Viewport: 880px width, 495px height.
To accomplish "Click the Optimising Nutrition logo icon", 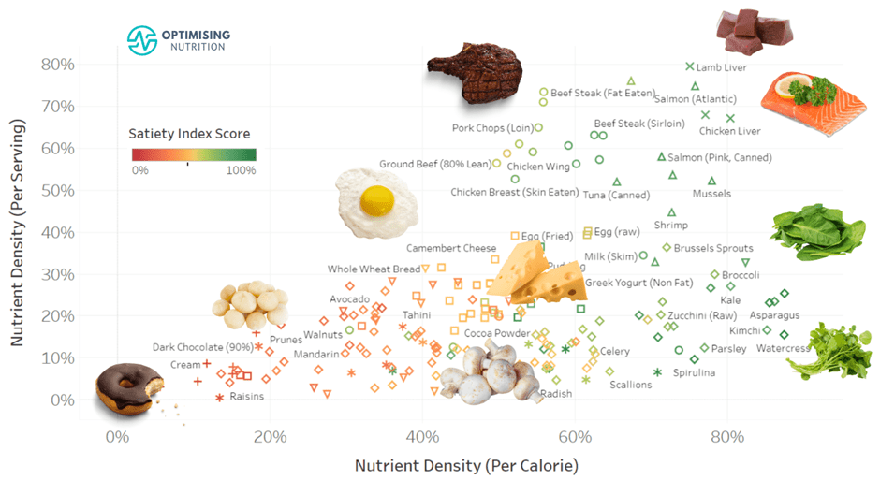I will pyautogui.click(x=142, y=39).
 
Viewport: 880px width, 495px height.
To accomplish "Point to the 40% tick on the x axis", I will pyautogui.click(x=422, y=437).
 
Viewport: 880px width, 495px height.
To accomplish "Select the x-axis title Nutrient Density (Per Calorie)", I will pyautogui.click(x=466, y=465).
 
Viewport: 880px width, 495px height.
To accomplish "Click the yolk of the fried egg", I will pyautogui.click(x=375, y=198).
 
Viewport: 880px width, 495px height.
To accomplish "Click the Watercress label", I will pyautogui.click(x=782, y=349).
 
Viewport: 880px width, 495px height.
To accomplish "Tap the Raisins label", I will pyautogui.click(x=246, y=396).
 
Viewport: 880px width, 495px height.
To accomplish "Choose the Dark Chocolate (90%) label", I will pyautogui.click(x=202, y=347).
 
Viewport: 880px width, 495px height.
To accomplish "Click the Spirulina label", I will pyautogui.click(x=691, y=372).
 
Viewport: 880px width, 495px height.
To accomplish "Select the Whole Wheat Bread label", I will pyautogui.click(x=374, y=269).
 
